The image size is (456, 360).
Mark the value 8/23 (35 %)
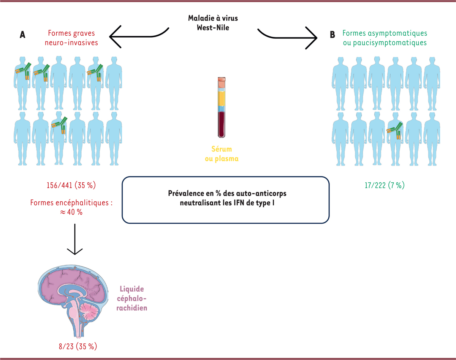[74, 346]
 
